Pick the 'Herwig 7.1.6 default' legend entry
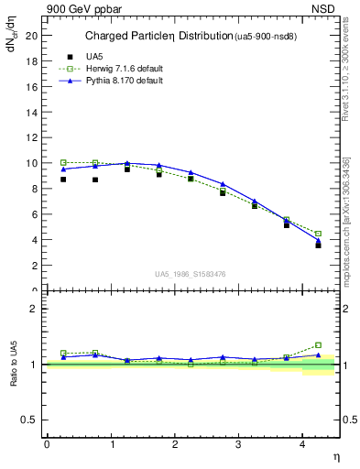[120, 69]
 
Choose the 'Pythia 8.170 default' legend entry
[119, 81]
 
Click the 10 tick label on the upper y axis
[34, 163]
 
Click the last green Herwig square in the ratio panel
[318, 345]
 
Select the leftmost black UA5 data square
[63, 180]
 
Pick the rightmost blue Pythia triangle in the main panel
[318, 242]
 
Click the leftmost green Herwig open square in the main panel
[63, 162]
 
